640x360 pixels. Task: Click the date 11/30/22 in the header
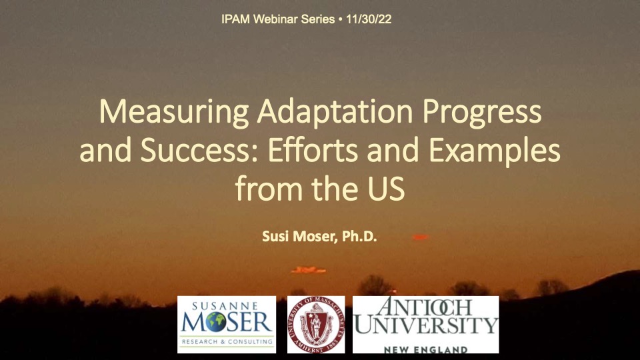[x=369, y=19]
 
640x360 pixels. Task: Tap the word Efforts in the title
[x=313, y=150]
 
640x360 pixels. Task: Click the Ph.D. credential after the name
[x=359, y=236]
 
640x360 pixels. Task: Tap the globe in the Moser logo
[x=216, y=322]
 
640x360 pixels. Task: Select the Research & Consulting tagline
[x=227, y=341]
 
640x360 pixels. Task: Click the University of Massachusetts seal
[x=316, y=325]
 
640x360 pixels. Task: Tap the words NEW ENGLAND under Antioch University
[x=426, y=349]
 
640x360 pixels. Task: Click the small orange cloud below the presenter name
[x=308, y=270]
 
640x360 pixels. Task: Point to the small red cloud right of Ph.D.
[x=420, y=237]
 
